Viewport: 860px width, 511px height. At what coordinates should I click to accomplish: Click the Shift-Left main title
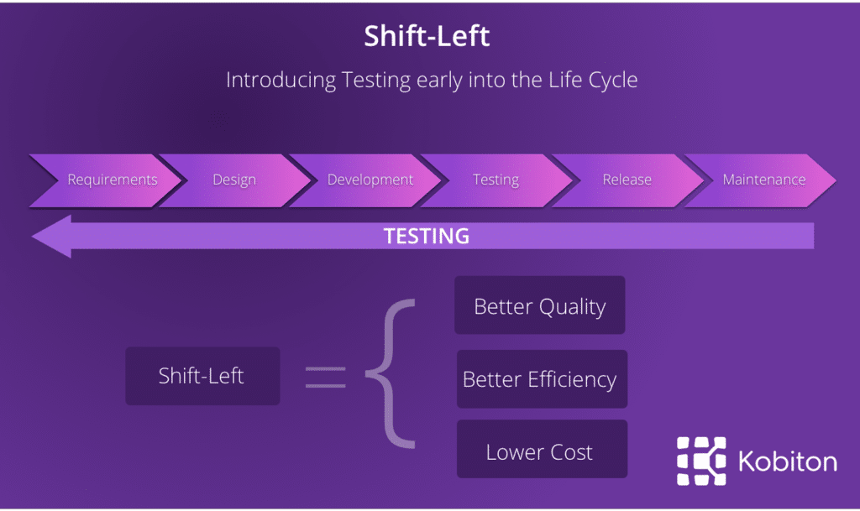(x=427, y=36)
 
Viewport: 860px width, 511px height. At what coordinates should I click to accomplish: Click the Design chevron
(x=235, y=180)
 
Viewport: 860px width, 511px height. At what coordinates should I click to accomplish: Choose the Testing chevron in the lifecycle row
(x=497, y=180)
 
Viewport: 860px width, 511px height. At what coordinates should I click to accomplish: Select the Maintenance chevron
(x=760, y=180)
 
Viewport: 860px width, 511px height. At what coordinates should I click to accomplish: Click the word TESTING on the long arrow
(x=426, y=236)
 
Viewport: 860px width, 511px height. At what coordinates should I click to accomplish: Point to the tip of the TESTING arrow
(x=33, y=237)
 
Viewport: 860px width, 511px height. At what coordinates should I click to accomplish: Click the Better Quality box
(x=540, y=305)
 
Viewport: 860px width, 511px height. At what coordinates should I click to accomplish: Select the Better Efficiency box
(x=542, y=379)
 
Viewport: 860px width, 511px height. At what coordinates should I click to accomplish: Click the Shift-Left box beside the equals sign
(x=202, y=376)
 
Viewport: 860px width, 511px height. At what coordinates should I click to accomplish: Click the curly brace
(x=391, y=373)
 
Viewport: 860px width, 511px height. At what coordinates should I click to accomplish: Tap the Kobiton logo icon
(x=701, y=461)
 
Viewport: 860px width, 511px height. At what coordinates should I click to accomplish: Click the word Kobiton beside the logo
(x=788, y=461)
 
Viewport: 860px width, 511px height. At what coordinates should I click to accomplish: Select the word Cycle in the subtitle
(x=612, y=81)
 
